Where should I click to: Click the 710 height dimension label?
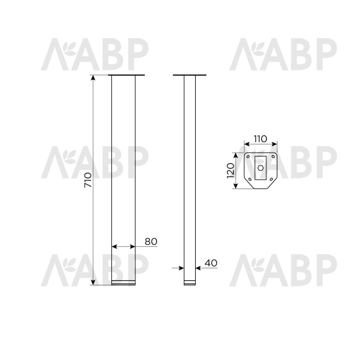(x=88, y=180)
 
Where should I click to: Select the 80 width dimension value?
(x=151, y=242)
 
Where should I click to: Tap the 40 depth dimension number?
(x=211, y=263)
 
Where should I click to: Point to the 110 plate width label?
(x=261, y=139)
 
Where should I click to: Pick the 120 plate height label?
(x=230, y=170)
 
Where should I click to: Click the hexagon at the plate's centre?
(x=261, y=168)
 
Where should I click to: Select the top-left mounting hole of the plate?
(x=248, y=156)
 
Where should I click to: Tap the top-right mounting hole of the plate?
(x=273, y=156)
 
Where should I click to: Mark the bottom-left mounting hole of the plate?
(x=250, y=179)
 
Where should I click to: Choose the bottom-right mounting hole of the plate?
(x=271, y=179)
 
